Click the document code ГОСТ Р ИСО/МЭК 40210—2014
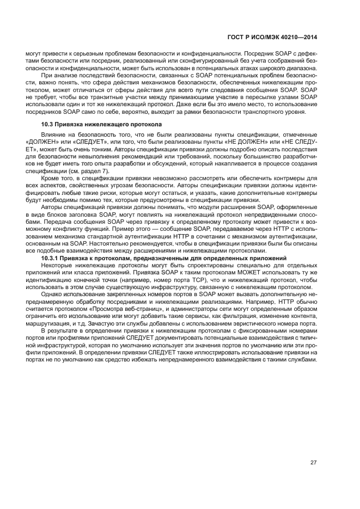(273, 38)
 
